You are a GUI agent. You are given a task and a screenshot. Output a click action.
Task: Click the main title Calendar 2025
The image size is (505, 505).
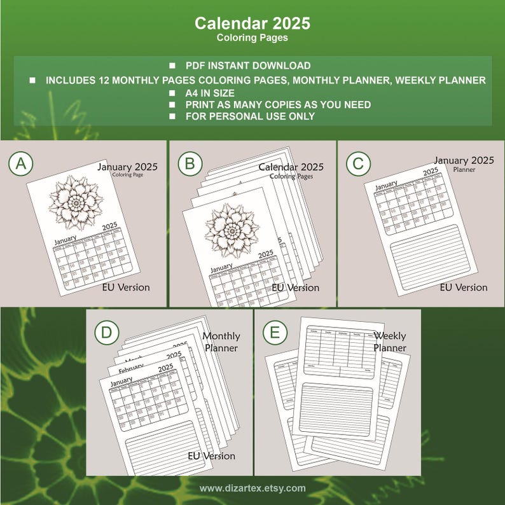253,24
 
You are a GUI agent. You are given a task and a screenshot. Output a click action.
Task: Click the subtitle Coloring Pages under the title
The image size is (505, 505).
253,38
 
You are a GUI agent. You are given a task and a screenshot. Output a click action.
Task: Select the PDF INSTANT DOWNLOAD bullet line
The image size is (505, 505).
247,66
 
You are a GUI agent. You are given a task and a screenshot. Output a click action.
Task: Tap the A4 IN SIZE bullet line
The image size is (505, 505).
209,93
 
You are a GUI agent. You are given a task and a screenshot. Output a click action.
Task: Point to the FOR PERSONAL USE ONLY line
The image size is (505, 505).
249,116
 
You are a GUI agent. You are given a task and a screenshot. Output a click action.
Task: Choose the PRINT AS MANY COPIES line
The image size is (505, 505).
278,104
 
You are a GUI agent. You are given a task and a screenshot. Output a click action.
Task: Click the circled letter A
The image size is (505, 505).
21,163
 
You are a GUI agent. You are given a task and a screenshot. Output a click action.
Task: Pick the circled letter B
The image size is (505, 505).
190,164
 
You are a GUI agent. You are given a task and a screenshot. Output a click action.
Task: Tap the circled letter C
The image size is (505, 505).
358,163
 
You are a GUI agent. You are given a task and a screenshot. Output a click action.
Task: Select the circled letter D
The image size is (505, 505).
106,331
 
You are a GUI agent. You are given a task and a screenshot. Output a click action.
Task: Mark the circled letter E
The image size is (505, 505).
274,331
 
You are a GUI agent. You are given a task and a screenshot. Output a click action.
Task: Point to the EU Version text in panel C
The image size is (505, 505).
464,287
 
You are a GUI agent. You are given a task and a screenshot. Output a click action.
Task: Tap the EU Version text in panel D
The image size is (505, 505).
211,455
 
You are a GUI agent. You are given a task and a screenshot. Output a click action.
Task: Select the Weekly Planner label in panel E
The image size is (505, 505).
390,342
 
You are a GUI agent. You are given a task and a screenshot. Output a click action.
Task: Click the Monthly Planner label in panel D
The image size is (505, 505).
221,342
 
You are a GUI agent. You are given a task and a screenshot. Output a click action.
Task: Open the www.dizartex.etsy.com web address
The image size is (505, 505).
253,488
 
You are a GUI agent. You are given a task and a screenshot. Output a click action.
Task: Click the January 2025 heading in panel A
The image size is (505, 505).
127,167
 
